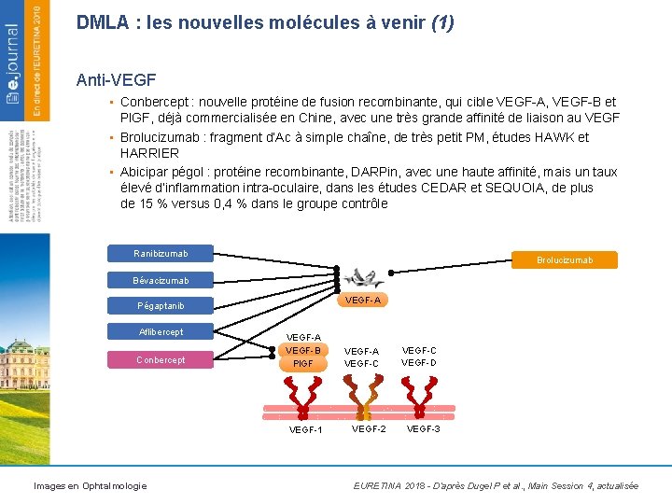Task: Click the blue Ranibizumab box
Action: pyautogui.click(x=161, y=254)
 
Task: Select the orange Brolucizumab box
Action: pyautogui.click(x=565, y=260)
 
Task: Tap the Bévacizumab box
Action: pyautogui.click(x=161, y=280)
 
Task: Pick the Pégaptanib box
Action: pyautogui.click(x=161, y=306)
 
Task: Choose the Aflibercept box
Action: pyautogui.click(x=161, y=332)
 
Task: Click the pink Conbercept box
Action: pyautogui.click(x=161, y=360)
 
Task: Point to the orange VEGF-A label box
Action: pyautogui.click(x=363, y=301)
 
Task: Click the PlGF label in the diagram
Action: pyautogui.click(x=303, y=364)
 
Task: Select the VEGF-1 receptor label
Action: pyautogui.click(x=305, y=430)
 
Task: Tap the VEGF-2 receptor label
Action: pyautogui.click(x=369, y=429)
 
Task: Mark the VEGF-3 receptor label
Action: pyautogui.click(x=424, y=429)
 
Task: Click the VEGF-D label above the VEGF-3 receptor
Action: pyautogui.click(x=419, y=363)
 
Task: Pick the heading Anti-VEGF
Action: pyautogui.click(x=117, y=81)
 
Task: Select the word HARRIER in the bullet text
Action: pyautogui.click(x=149, y=153)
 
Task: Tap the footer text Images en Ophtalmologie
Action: pyautogui.click(x=90, y=485)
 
